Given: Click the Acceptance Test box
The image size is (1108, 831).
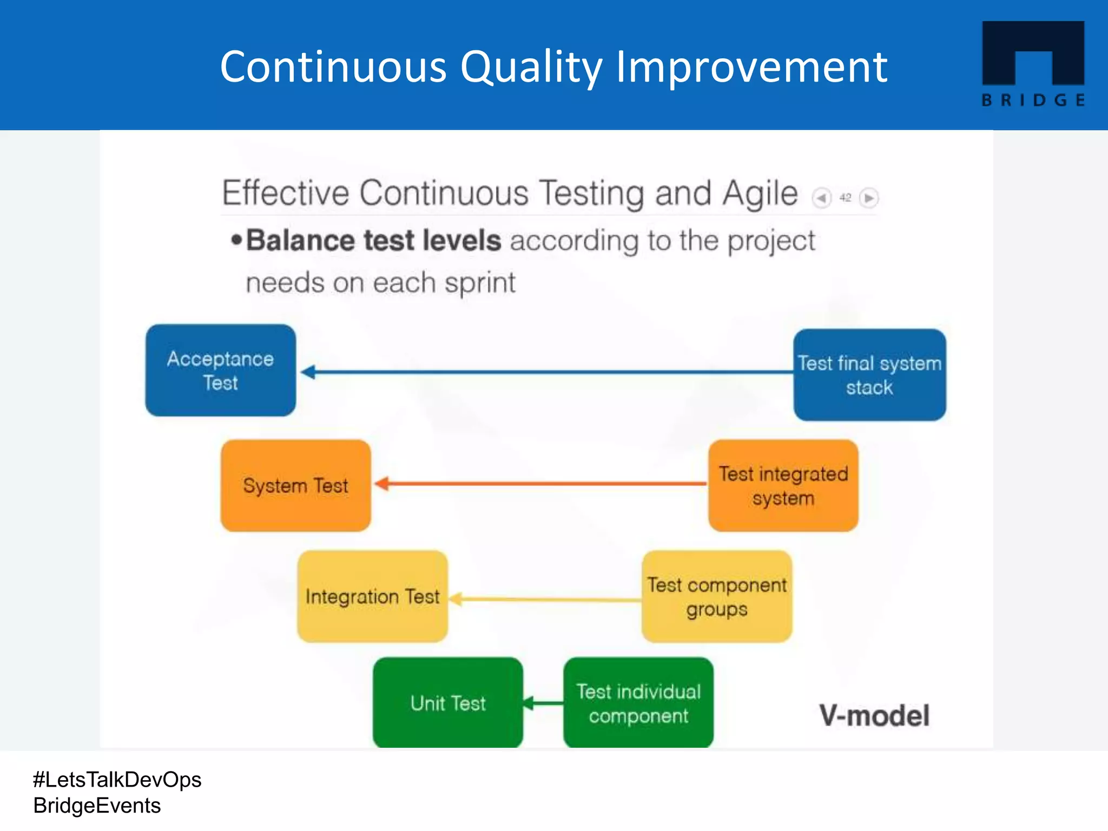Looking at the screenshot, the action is click(x=221, y=371).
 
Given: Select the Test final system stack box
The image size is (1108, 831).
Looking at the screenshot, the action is click(x=869, y=375).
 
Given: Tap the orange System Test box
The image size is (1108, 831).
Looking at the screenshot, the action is click(x=295, y=485).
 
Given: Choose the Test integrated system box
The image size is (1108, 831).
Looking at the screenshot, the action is click(x=783, y=485).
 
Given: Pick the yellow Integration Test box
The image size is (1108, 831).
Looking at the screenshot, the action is click(x=372, y=596).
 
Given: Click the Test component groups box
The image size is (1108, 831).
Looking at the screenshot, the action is click(x=717, y=596).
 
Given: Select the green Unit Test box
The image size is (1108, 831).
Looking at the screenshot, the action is click(x=448, y=703).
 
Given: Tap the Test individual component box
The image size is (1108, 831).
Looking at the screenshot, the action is click(x=638, y=703).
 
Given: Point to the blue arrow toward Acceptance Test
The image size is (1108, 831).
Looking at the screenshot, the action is click(x=546, y=372).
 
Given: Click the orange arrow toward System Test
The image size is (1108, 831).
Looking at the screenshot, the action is click(x=541, y=483).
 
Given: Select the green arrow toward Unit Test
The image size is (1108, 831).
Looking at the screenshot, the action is click(x=543, y=703).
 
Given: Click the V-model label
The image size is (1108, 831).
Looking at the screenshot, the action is click(x=874, y=715).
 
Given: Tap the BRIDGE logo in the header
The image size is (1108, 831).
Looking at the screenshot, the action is click(x=1033, y=64).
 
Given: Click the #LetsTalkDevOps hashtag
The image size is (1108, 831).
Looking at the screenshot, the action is click(x=117, y=780).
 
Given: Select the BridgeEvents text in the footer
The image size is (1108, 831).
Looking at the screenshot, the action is click(x=97, y=806).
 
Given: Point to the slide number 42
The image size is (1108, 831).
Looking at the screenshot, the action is click(x=845, y=198).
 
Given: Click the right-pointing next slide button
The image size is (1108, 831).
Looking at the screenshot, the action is click(x=869, y=198).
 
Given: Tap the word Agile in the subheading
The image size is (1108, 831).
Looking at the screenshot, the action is click(x=760, y=194).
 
